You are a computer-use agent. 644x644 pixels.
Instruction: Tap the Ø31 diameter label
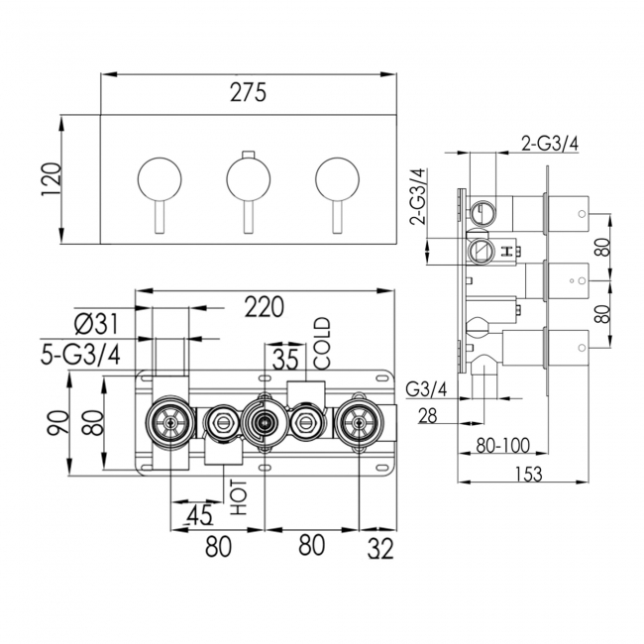(x=97, y=322)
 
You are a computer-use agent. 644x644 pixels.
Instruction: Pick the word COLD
(x=321, y=343)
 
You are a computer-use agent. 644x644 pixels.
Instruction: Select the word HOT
(x=239, y=494)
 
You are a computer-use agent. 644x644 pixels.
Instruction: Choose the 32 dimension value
(x=379, y=546)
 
